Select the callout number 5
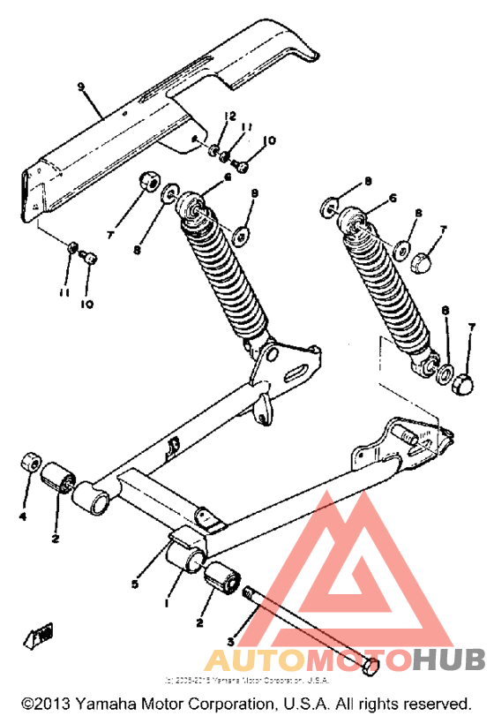(x=135, y=584)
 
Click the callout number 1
(x=167, y=603)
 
